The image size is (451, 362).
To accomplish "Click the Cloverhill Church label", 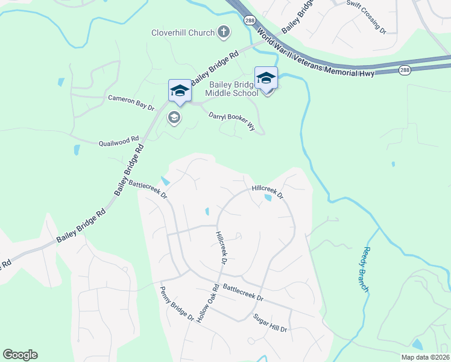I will point(183,33).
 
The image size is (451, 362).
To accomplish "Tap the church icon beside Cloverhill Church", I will point(224,32).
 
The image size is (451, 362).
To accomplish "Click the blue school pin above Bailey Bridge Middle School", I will point(266,78).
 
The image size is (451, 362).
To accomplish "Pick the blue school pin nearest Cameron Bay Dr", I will point(179,91).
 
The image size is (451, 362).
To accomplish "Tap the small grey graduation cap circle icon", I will point(174,118).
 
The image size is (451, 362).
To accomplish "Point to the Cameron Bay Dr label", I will point(131,101).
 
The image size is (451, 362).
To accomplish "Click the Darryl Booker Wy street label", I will point(232,120).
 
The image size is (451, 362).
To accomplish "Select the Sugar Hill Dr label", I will point(270,323).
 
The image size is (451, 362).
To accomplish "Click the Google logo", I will point(20,354).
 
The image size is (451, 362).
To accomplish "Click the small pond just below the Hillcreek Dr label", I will point(268,197).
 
